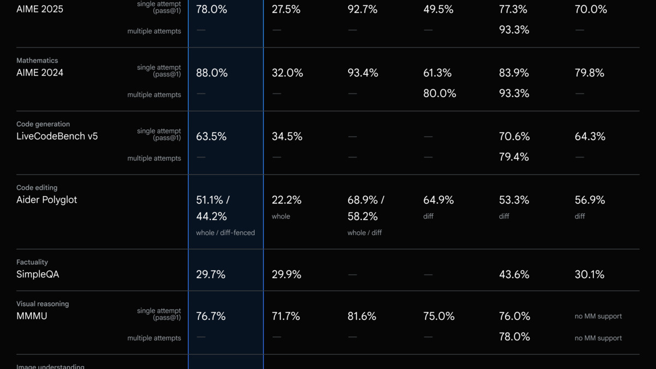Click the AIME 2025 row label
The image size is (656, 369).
40,9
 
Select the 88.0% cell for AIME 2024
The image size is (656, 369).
212,73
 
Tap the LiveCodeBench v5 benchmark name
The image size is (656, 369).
57,137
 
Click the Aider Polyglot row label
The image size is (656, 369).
46,200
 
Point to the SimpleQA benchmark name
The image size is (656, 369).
38,274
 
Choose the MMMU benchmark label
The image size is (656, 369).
32,316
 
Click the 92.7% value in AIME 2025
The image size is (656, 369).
362,9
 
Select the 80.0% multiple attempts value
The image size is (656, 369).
440,93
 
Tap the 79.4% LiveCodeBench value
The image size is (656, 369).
514,157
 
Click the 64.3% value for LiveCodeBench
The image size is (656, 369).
590,137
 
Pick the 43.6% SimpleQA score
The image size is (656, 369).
514,274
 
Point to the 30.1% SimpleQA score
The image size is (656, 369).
589,274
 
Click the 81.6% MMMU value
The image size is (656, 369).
362,316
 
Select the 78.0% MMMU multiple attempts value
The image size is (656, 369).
514,337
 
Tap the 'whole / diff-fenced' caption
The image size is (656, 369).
225,233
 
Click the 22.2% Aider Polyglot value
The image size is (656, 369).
286,200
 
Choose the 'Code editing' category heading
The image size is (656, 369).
37,188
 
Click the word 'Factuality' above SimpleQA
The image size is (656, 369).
32,262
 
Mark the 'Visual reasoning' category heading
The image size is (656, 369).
43,304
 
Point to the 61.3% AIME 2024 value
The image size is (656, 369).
437,73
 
